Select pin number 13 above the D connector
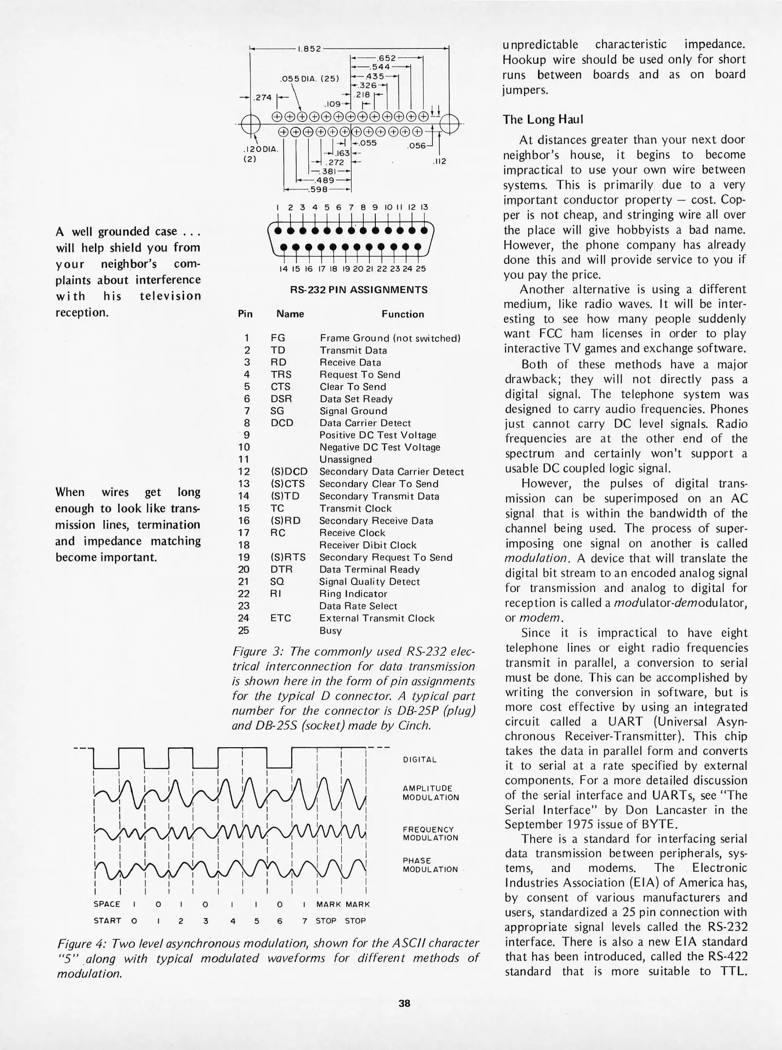(424, 207)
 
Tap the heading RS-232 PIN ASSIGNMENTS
(358, 290)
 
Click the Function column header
(402, 315)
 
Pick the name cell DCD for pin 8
(282, 423)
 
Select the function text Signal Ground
(353, 411)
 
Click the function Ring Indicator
(353, 594)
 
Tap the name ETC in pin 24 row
(281, 618)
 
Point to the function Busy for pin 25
(330, 631)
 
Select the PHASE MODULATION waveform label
(430, 865)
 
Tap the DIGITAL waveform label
(420, 760)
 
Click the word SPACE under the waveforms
(107, 904)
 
